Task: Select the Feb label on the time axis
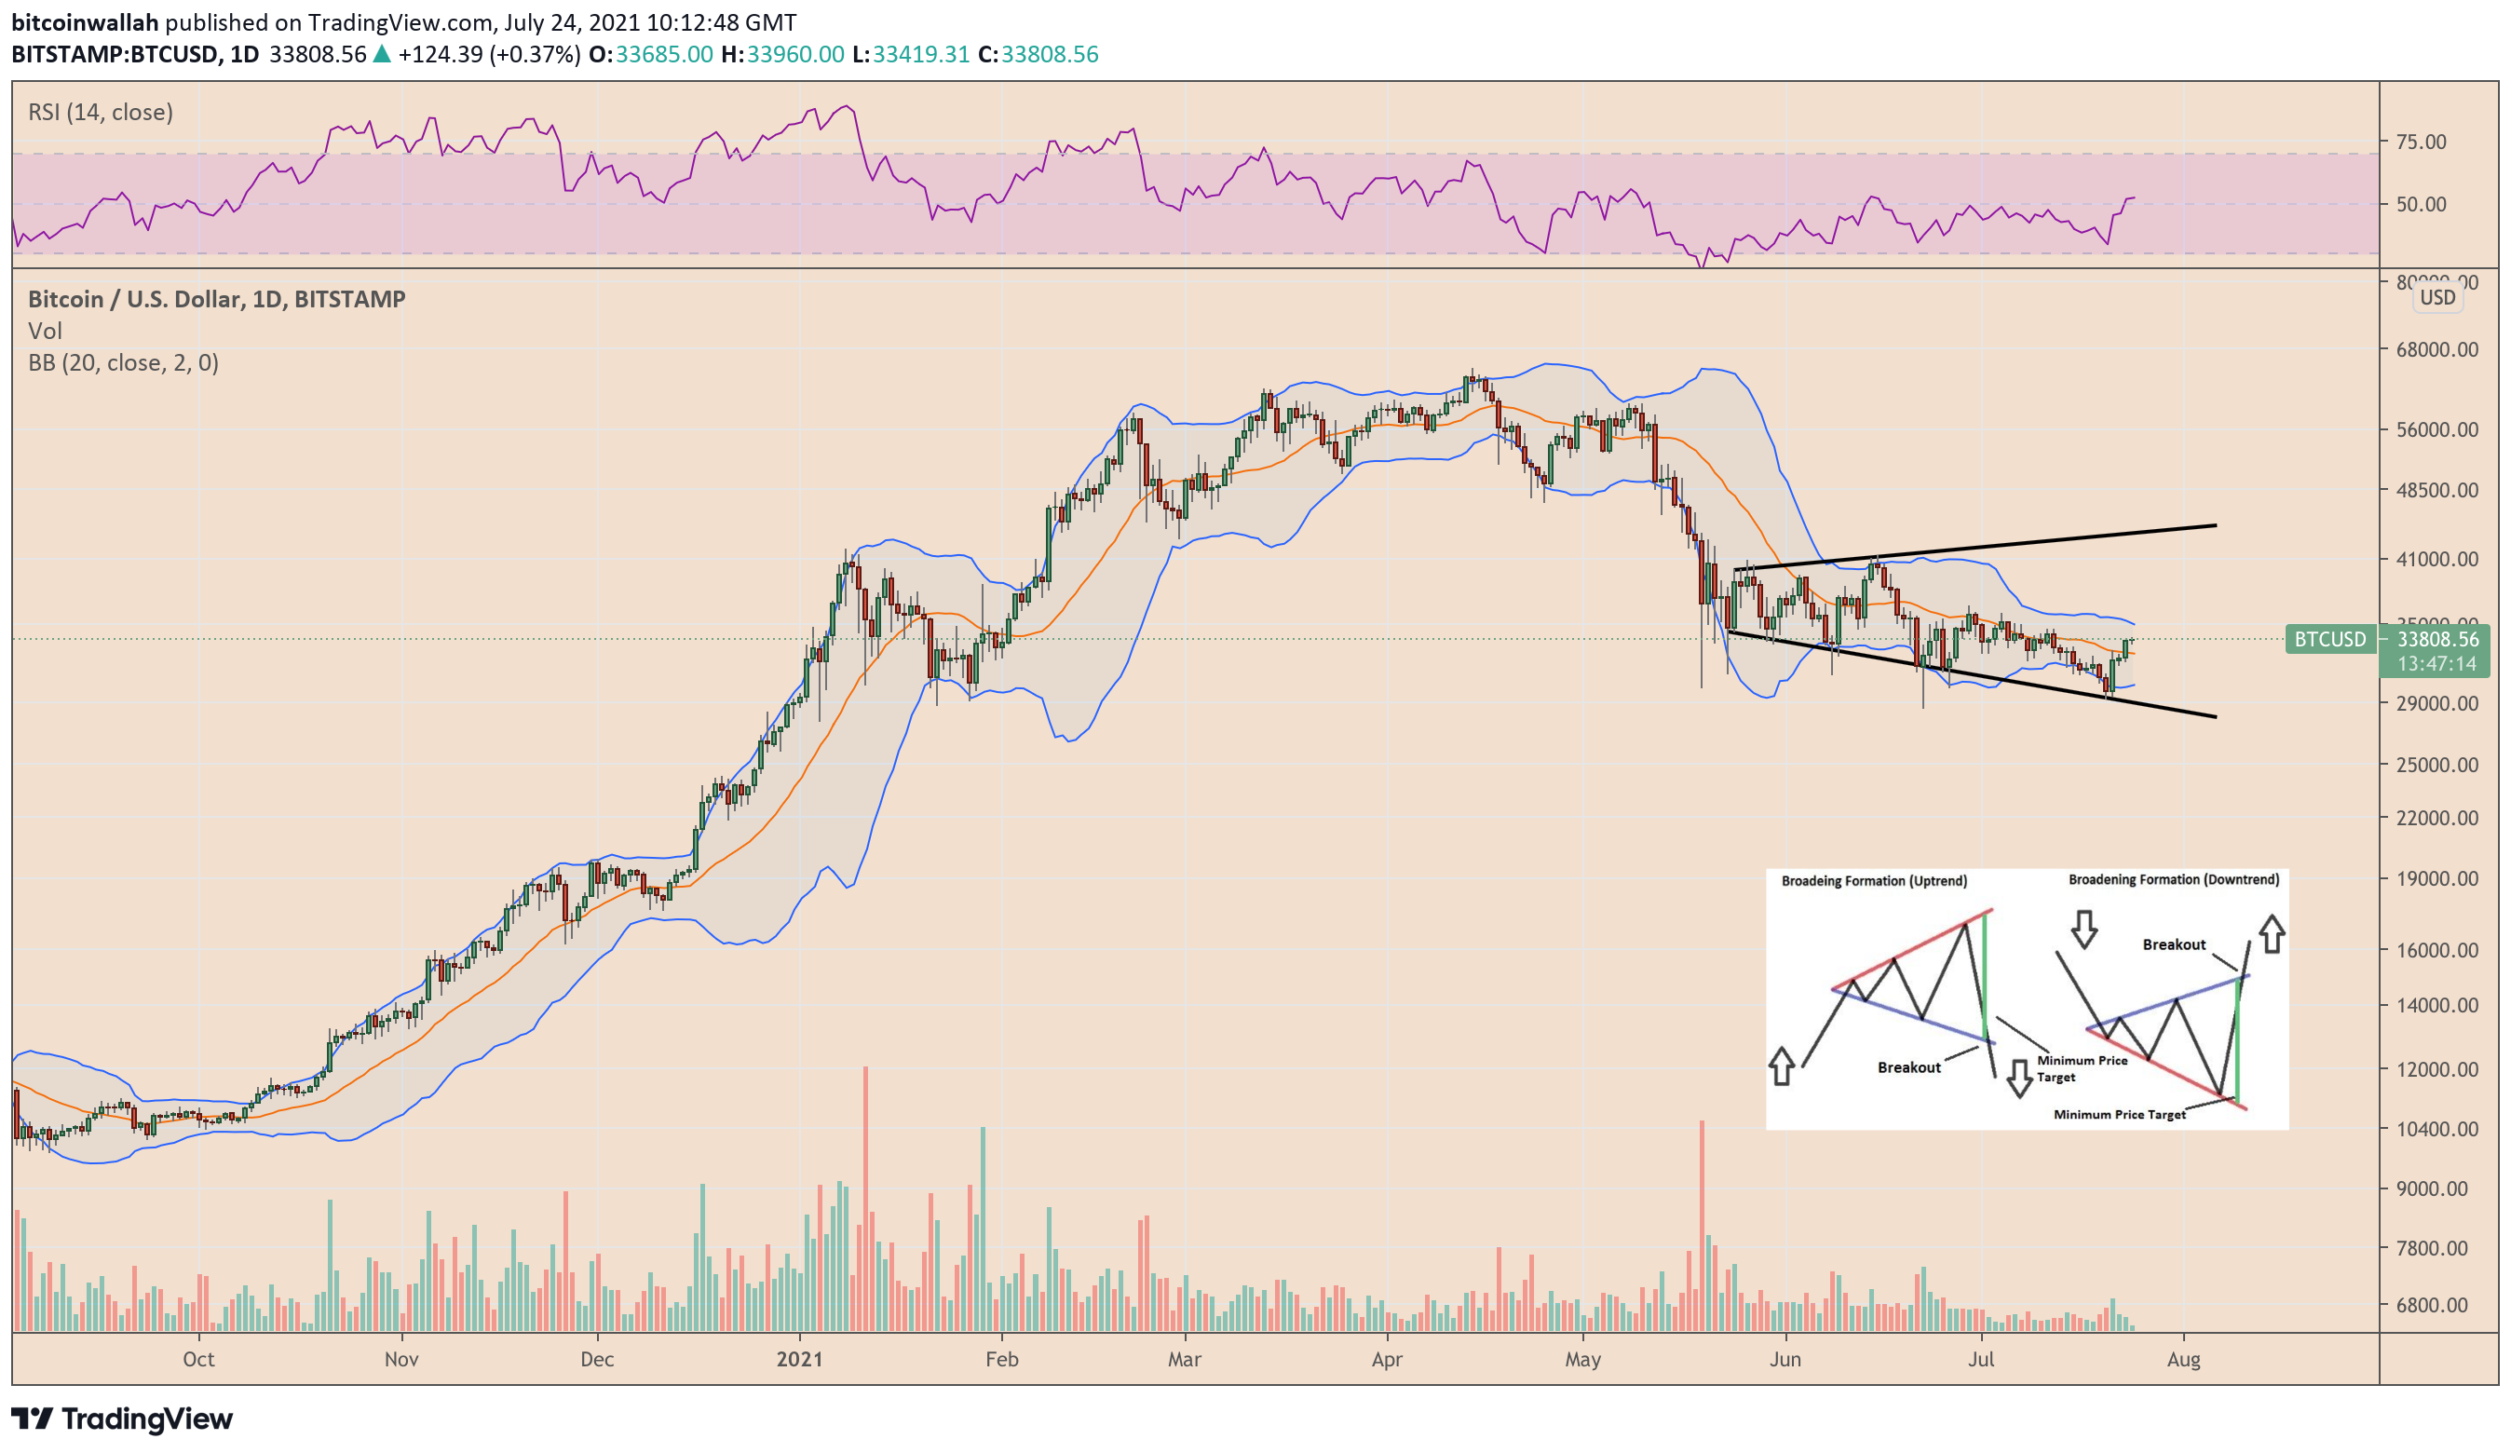(x=1001, y=1359)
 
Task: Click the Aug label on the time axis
(x=2183, y=1359)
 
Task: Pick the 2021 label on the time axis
(x=799, y=1359)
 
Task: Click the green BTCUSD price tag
(x=2329, y=639)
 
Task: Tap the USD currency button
(x=2437, y=297)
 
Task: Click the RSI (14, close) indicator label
(x=100, y=112)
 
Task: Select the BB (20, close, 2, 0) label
(x=124, y=362)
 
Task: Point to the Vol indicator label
(x=45, y=331)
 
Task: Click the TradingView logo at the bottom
(x=122, y=1419)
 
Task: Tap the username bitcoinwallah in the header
(x=85, y=22)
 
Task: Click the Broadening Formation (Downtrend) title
(x=2173, y=879)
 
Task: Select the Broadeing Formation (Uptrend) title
(x=1873, y=881)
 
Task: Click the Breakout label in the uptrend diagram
(x=1908, y=1067)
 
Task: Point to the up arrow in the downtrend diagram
(x=2272, y=934)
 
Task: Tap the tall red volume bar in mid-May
(x=1702, y=1226)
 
